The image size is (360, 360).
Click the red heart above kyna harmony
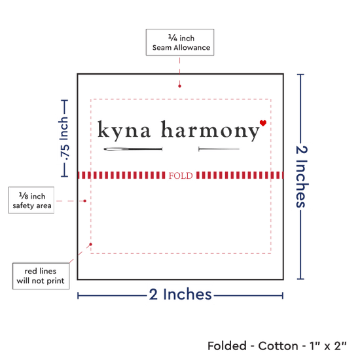pos(263,123)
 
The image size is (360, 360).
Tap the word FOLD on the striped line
pos(181,175)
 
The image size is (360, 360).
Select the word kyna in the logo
pos(124,130)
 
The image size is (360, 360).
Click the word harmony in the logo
pos(210,130)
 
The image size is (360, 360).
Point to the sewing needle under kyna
pos(133,149)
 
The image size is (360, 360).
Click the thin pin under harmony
pos(219,149)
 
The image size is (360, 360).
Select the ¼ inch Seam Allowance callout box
pos(180,43)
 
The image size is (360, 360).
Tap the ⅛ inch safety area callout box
pos(31,200)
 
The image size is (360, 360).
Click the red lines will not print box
pos(41,276)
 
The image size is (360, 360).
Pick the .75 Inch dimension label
pos(64,139)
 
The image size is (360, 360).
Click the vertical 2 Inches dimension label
pos(301,177)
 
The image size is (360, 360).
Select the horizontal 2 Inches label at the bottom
pos(180,294)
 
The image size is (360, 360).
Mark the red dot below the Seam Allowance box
pos(179,86)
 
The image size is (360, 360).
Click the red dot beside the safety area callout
pos(84,201)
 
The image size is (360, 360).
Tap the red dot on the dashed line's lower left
pos(91,244)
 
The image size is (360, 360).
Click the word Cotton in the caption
pos(278,346)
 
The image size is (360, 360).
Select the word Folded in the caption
pos(227,346)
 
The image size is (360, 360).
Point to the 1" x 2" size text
pos(328,346)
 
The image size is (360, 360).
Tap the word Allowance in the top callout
pos(192,48)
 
